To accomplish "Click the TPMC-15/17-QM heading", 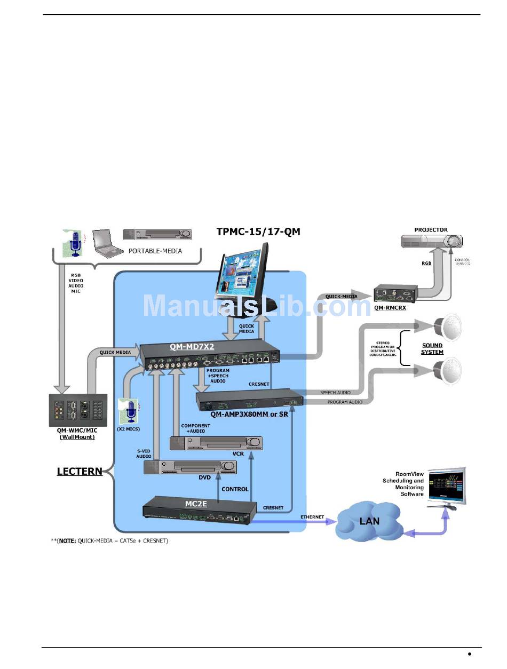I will tap(258, 232).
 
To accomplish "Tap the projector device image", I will tap(431, 242).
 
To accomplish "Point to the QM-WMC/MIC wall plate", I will tap(78, 410).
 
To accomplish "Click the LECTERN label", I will tap(80, 472).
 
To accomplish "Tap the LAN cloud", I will tap(369, 521).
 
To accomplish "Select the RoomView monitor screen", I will tap(447, 484).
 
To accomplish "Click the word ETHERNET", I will tap(312, 516).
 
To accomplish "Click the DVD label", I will tap(205, 477).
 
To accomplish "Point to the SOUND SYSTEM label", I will tap(432, 348).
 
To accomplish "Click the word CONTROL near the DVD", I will tap(235, 489).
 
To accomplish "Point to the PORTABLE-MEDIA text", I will tap(155, 251).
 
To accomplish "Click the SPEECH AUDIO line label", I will tap(336, 393).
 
